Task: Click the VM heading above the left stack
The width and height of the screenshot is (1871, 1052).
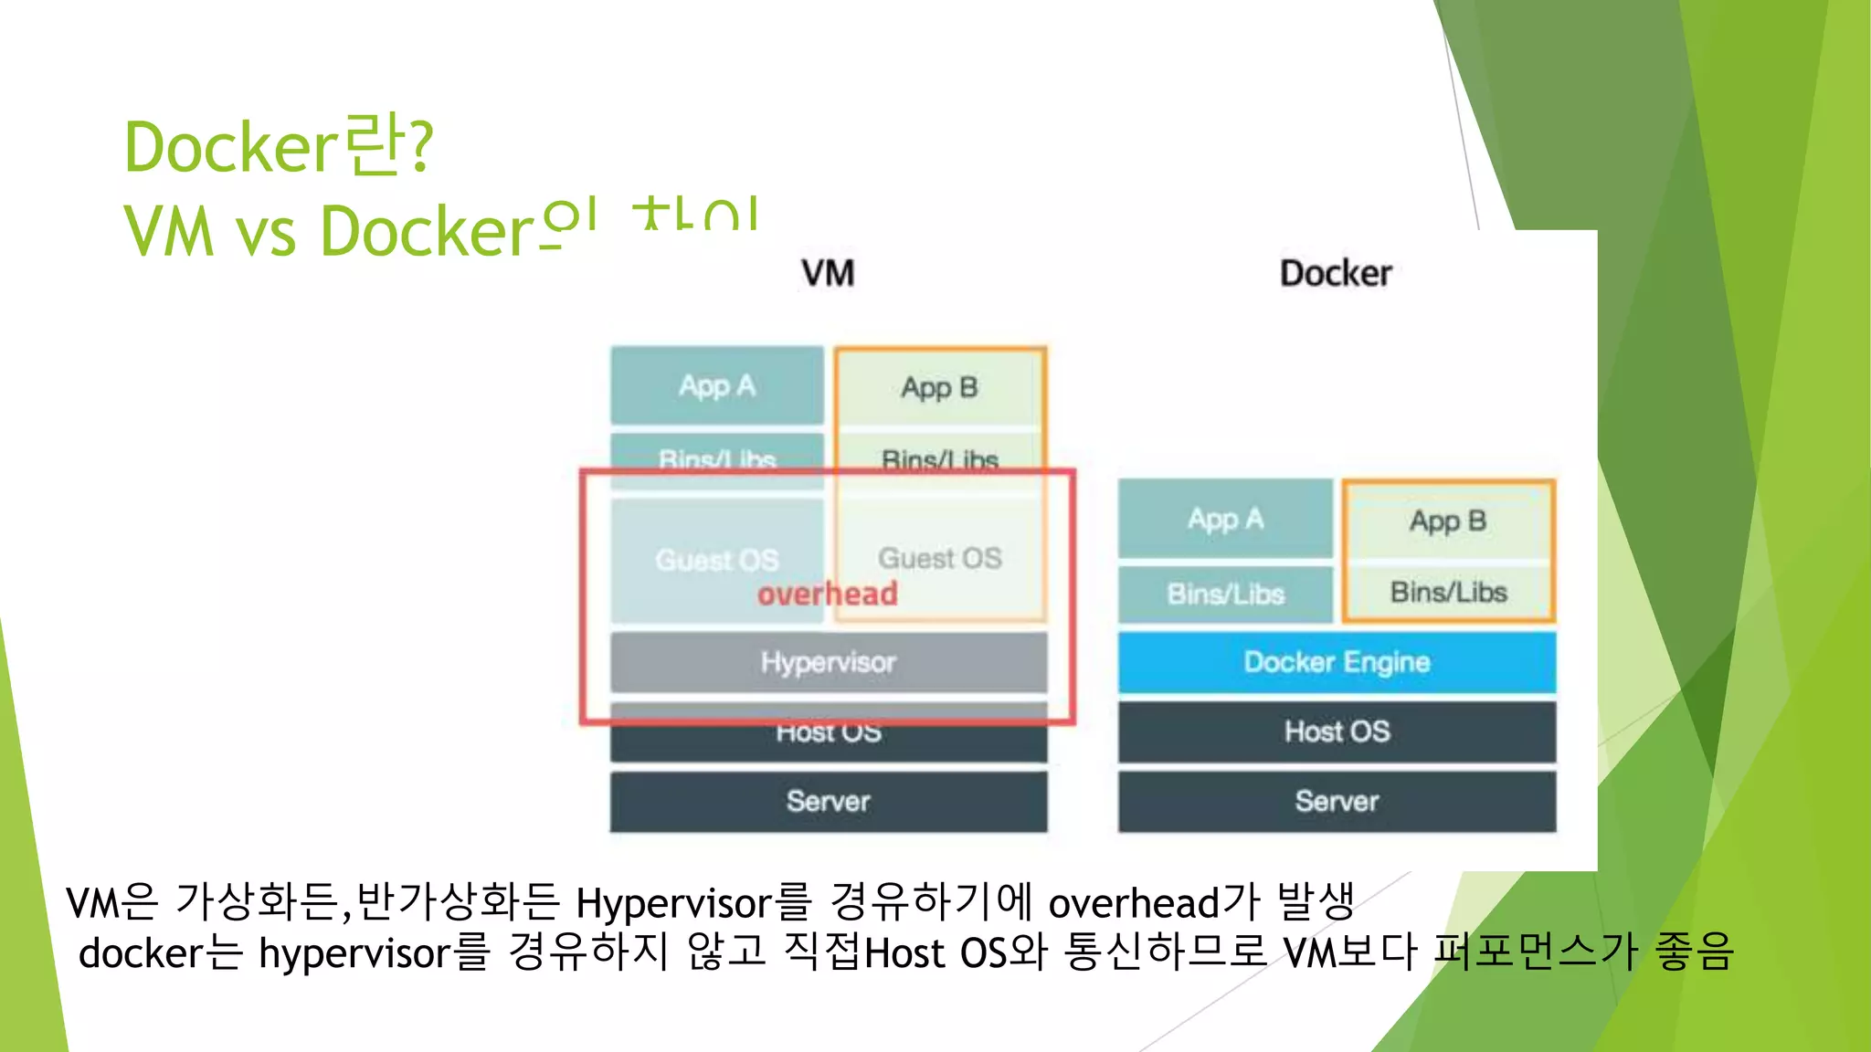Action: tap(828, 273)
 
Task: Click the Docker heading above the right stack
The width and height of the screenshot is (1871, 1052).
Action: tap(1336, 273)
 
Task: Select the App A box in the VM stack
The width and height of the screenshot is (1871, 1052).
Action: tap(717, 385)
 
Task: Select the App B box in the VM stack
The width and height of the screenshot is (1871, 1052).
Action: tap(939, 387)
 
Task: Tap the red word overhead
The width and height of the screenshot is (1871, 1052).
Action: tap(828, 594)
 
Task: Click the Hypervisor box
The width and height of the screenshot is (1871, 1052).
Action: tap(829, 662)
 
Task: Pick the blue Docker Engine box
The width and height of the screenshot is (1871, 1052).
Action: tap(1337, 662)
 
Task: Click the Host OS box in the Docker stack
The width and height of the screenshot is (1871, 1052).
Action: tap(1337, 731)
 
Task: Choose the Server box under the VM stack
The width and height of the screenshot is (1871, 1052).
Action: tap(829, 801)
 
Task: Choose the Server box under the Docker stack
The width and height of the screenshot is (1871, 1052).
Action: tap(1337, 801)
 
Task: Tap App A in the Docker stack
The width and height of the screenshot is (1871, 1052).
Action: tap(1225, 519)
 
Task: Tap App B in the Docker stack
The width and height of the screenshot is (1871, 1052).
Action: tap(1448, 521)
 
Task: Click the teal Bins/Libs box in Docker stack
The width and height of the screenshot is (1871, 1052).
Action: tap(1225, 594)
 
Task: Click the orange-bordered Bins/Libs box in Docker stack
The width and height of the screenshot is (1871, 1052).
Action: tap(1448, 592)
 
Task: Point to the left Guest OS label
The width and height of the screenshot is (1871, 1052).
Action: tap(717, 559)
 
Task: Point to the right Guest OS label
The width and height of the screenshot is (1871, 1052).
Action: tap(939, 557)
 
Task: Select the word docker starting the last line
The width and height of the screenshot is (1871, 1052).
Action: tap(140, 953)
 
